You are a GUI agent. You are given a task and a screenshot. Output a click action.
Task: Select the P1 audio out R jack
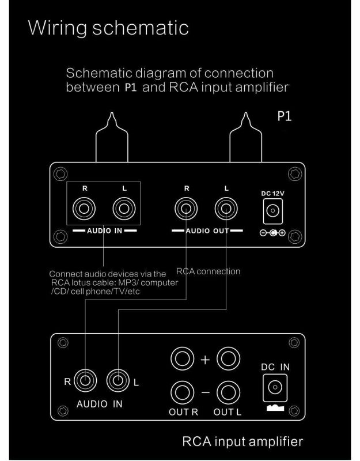[x=187, y=209]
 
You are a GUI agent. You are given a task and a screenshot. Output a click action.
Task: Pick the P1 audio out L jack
[x=226, y=209]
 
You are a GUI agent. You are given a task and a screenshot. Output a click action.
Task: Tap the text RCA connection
[x=208, y=271]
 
